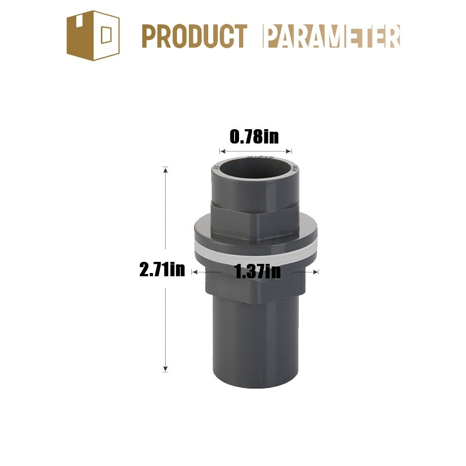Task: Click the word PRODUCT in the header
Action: click(x=195, y=36)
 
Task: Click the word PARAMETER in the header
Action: click(x=332, y=36)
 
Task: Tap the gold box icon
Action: click(x=93, y=35)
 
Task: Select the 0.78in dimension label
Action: click(x=254, y=137)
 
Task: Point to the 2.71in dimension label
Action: click(x=162, y=270)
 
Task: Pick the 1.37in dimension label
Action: click(x=258, y=271)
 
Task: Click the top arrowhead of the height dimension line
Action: click(x=166, y=170)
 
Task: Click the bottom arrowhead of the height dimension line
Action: click(x=166, y=369)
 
